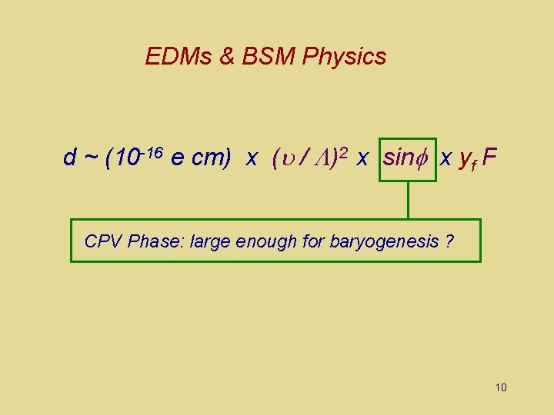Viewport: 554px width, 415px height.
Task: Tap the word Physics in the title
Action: (345, 56)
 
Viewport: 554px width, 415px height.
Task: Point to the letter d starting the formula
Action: (70, 158)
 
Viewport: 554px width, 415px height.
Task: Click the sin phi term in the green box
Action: (407, 158)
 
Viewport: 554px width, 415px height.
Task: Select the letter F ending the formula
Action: (490, 158)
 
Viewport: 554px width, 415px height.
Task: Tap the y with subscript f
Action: (466, 160)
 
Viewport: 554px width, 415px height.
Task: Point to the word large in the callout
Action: (209, 241)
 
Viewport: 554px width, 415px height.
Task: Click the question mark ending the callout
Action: (449, 241)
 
